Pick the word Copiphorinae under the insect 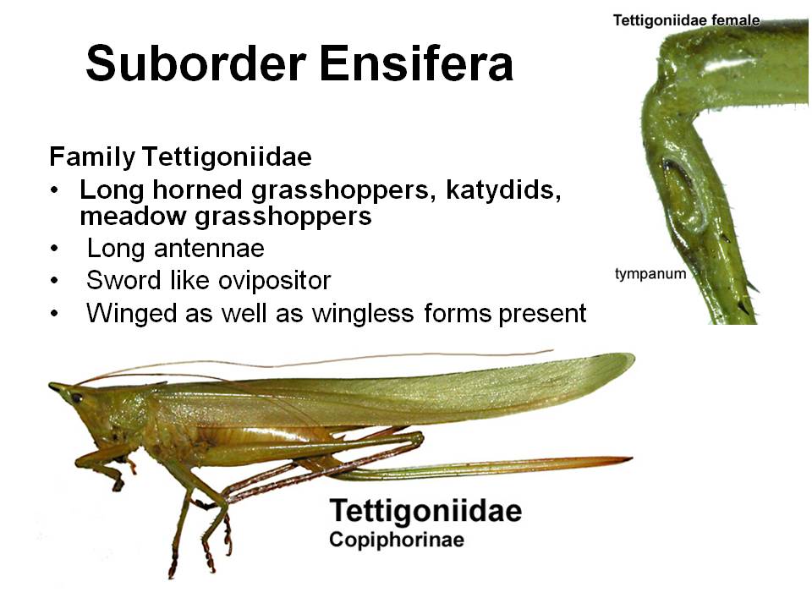pos(397,540)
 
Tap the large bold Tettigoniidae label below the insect pos(425,511)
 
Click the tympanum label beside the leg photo pos(650,274)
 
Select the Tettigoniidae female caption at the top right pos(686,20)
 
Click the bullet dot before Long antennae pos(55,250)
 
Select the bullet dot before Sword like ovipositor pos(55,282)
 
